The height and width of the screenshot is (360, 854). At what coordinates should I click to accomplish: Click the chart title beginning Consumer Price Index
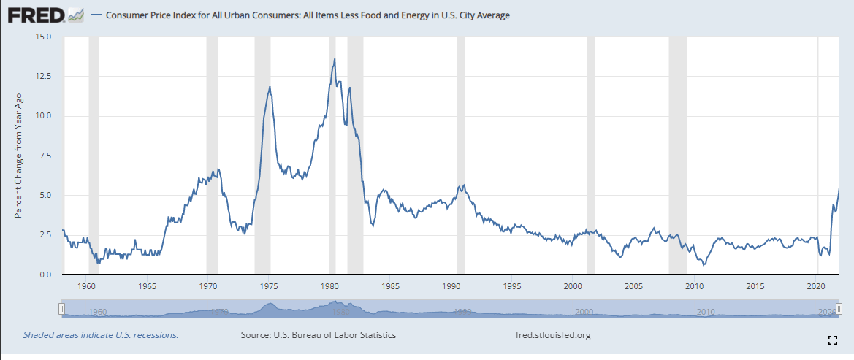(x=308, y=15)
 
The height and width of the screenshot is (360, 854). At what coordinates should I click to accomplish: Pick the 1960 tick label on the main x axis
(x=87, y=286)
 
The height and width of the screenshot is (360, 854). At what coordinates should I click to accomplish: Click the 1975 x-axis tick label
(x=269, y=286)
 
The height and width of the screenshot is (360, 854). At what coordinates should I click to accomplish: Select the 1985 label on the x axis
(x=390, y=286)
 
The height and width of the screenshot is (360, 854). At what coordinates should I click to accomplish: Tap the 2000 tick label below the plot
(x=573, y=286)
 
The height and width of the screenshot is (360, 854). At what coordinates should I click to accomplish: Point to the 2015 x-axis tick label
(x=755, y=286)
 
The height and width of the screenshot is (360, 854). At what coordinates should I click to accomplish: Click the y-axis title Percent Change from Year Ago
(x=19, y=156)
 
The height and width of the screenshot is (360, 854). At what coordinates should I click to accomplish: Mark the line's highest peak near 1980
(x=335, y=59)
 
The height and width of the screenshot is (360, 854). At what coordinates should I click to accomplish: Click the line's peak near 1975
(x=270, y=87)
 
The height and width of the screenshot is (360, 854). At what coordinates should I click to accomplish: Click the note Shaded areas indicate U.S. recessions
(x=101, y=335)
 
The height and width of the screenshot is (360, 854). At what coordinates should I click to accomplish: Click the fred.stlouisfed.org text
(x=553, y=335)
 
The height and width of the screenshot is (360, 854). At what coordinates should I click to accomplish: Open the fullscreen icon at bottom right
(x=831, y=340)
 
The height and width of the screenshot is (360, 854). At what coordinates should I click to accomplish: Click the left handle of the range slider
(x=62, y=310)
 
